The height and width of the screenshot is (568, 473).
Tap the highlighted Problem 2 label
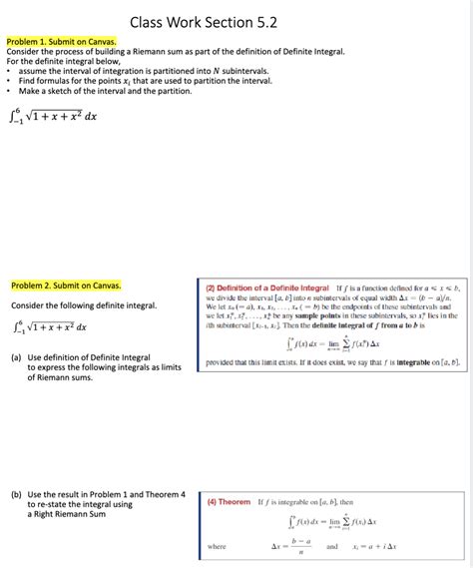65,285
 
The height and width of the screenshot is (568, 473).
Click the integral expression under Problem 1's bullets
52,117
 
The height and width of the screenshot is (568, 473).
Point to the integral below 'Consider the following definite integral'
49,326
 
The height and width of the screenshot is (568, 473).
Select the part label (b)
16,494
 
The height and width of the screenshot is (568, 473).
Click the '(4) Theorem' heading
229,501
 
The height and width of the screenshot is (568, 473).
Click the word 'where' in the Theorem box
217,547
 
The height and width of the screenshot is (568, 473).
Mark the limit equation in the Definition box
330,343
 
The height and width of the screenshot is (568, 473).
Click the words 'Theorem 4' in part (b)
164,494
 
